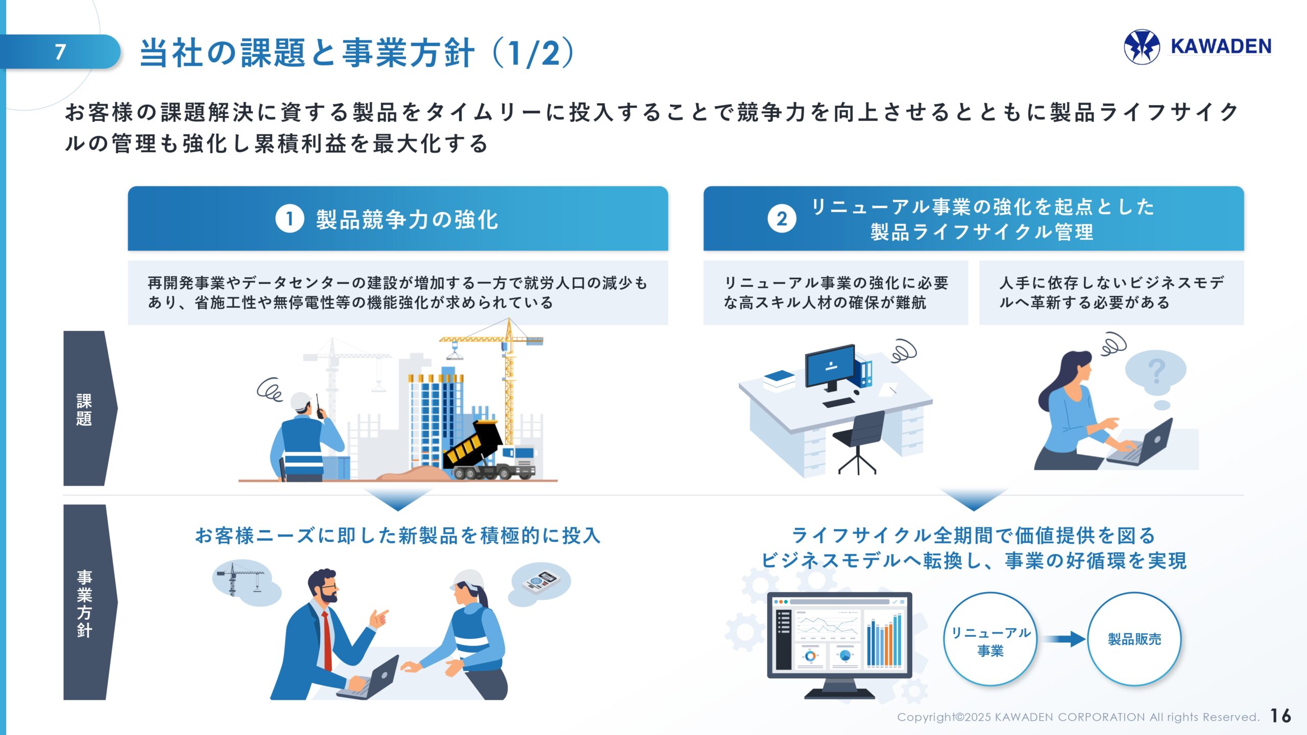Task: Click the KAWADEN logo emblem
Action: coord(1142,47)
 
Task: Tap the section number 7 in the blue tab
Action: coord(60,52)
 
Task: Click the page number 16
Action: coord(1280,716)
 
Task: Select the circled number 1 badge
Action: coord(289,219)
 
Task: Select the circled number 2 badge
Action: coord(782,219)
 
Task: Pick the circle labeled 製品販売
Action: coord(1134,639)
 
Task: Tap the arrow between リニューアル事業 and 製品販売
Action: coord(1064,639)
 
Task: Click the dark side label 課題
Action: coord(85,408)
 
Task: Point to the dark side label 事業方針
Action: coord(85,602)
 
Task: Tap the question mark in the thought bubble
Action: coord(1156,371)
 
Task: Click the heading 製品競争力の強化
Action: coord(406,219)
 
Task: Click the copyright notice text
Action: coord(1078,717)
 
